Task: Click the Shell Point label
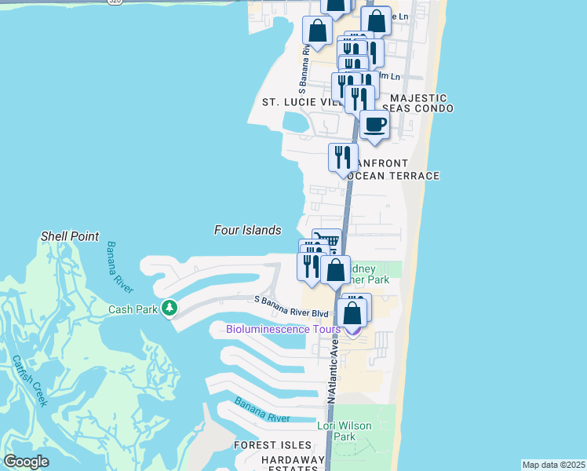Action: point(70,235)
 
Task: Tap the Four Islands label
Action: point(247,230)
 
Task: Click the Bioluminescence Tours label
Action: point(283,329)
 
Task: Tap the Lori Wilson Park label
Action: point(344,431)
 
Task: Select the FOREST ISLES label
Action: point(268,445)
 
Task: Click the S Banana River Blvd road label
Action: point(290,313)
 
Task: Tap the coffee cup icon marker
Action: point(374,125)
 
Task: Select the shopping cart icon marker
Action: point(326,239)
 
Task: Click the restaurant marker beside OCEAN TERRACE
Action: point(342,157)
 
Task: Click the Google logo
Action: point(26,461)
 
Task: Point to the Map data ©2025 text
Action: point(553,465)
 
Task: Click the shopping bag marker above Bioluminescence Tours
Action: point(353,312)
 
